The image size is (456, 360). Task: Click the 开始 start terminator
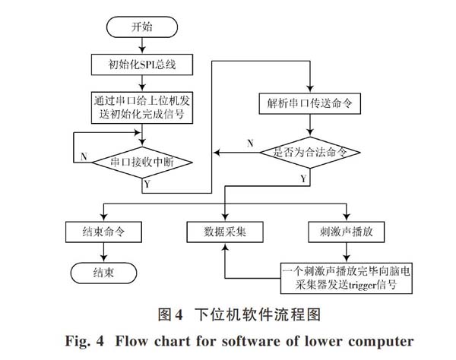coord(142,27)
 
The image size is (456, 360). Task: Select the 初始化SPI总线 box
coord(142,65)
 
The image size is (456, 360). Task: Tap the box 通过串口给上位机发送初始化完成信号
coord(142,108)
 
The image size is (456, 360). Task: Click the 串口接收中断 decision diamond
coord(142,162)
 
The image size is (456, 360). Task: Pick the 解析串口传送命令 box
coord(310,103)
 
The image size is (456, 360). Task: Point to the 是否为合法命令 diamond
coord(310,153)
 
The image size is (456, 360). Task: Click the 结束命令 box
coord(103,232)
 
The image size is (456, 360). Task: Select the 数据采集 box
coord(225,232)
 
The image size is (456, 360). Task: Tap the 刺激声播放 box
coord(346,232)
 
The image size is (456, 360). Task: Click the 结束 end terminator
coord(103,273)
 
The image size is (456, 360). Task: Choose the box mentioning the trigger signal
coord(346,278)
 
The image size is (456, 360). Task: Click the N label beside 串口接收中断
coord(84,156)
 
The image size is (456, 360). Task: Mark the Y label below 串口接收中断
coord(147,184)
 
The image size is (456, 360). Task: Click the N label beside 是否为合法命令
coord(250,144)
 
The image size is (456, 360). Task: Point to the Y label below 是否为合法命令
coord(303,178)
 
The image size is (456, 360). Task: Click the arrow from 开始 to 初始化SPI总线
coord(142,46)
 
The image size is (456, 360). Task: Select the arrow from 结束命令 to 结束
coord(103,252)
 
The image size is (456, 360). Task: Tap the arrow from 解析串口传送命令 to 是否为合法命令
coord(310,125)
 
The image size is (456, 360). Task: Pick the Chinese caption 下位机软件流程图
coord(258,314)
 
